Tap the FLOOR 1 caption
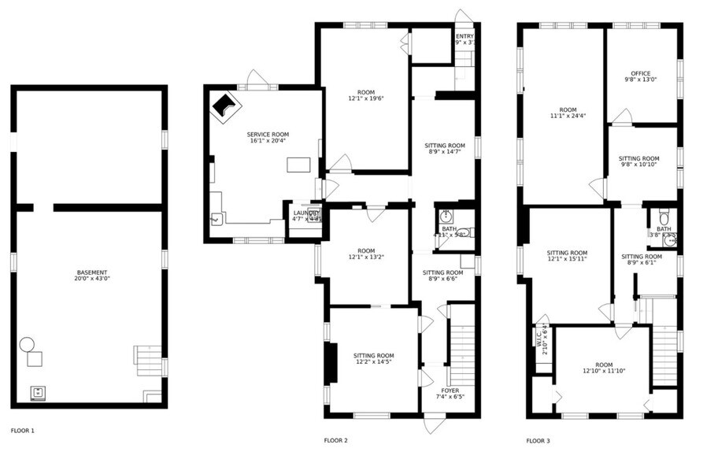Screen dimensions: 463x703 click(x=23, y=431)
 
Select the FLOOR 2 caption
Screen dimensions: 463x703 click(x=335, y=440)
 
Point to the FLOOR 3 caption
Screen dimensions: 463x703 click(x=538, y=440)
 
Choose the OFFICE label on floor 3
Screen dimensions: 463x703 click(x=639, y=74)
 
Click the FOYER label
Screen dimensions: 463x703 click(x=450, y=390)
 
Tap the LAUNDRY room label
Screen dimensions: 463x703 click(x=306, y=213)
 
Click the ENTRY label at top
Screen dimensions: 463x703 click(x=464, y=36)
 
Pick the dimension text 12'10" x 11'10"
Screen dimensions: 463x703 click(x=603, y=371)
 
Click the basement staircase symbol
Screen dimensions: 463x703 click(x=147, y=361)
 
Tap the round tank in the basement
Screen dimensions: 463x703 click(x=28, y=344)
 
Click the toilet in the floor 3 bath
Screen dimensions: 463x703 click(x=664, y=217)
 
